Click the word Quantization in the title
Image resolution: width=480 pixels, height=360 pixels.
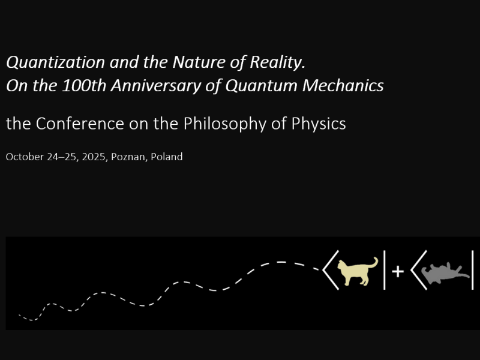point(55,63)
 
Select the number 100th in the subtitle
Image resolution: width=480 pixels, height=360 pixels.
point(84,85)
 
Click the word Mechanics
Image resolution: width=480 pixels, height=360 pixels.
point(343,85)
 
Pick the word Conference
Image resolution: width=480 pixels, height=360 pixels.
point(80,124)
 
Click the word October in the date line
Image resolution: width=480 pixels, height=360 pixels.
point(25,157)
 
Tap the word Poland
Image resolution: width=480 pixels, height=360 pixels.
point(167,157)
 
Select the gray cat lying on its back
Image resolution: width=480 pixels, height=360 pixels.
point(444,273)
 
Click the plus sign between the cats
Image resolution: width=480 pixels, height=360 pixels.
point(398,271)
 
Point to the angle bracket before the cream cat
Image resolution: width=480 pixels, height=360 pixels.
point(331,270)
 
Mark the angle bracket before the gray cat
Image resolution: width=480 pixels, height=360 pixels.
point(419,270)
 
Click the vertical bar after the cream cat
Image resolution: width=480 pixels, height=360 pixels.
point(385,269)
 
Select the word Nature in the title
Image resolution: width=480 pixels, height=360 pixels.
point(199,62)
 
